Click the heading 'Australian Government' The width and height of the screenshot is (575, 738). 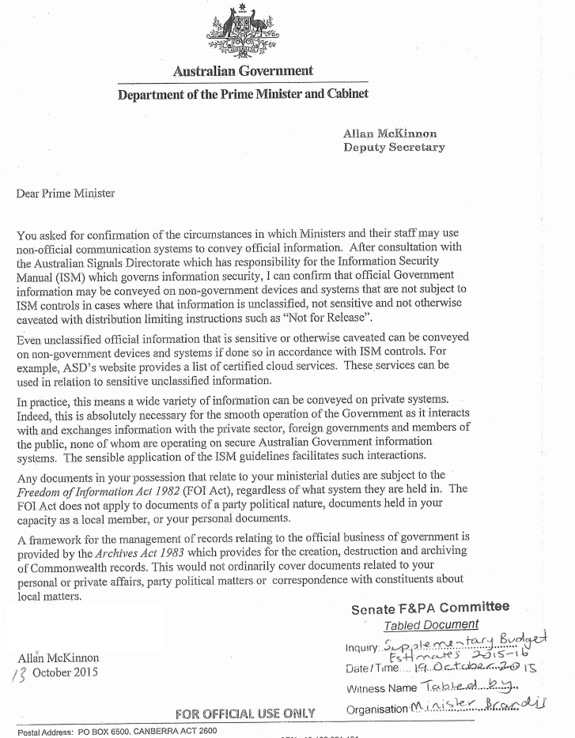243,71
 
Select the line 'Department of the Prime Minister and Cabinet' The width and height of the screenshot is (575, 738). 243,95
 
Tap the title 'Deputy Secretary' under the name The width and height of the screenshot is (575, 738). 394,147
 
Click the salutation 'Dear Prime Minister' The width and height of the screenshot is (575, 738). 66,194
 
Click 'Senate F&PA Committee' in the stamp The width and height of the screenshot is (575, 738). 430,608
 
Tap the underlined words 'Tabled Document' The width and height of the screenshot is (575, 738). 431,625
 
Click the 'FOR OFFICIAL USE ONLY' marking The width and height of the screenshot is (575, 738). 245,714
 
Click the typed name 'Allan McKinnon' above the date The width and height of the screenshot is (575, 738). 58,657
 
